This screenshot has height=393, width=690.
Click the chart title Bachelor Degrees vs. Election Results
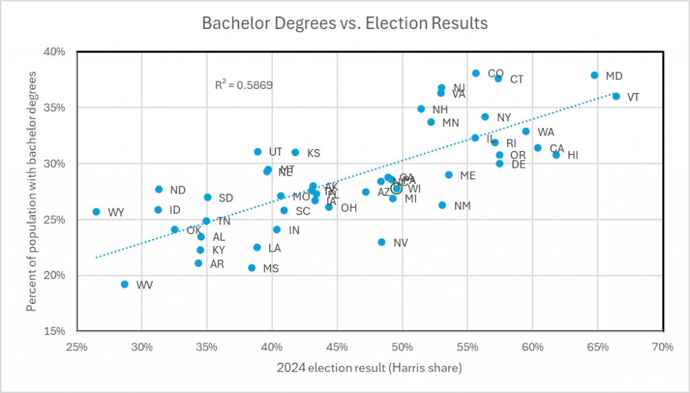click(345, 24)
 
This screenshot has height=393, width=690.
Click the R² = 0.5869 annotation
click(243, 85)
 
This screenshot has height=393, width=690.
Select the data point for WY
click(96, 212)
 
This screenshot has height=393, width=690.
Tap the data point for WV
click(125, 284)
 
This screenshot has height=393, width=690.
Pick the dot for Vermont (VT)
click(616, 96)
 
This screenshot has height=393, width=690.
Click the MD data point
click(594, 75)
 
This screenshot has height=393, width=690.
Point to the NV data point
click(381, 242)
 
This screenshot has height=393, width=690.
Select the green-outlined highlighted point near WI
click(397, 189)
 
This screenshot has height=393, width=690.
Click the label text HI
click(573, 155)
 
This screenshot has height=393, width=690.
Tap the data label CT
click(517, 80)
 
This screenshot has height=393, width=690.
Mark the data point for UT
click(257, 152)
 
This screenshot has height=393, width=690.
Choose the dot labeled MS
click(252, 268)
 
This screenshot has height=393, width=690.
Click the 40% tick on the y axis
click(55, 52)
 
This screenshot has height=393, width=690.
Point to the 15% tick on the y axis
click(55, 331)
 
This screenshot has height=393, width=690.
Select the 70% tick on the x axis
click(663, 347)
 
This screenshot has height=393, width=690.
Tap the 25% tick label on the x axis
click(76, 347)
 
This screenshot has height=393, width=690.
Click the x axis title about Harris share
click(369, 368)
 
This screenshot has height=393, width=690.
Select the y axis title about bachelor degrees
click(31, 191)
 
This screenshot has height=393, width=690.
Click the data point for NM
click(442, 205)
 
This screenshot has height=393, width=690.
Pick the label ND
click(178, 190)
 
